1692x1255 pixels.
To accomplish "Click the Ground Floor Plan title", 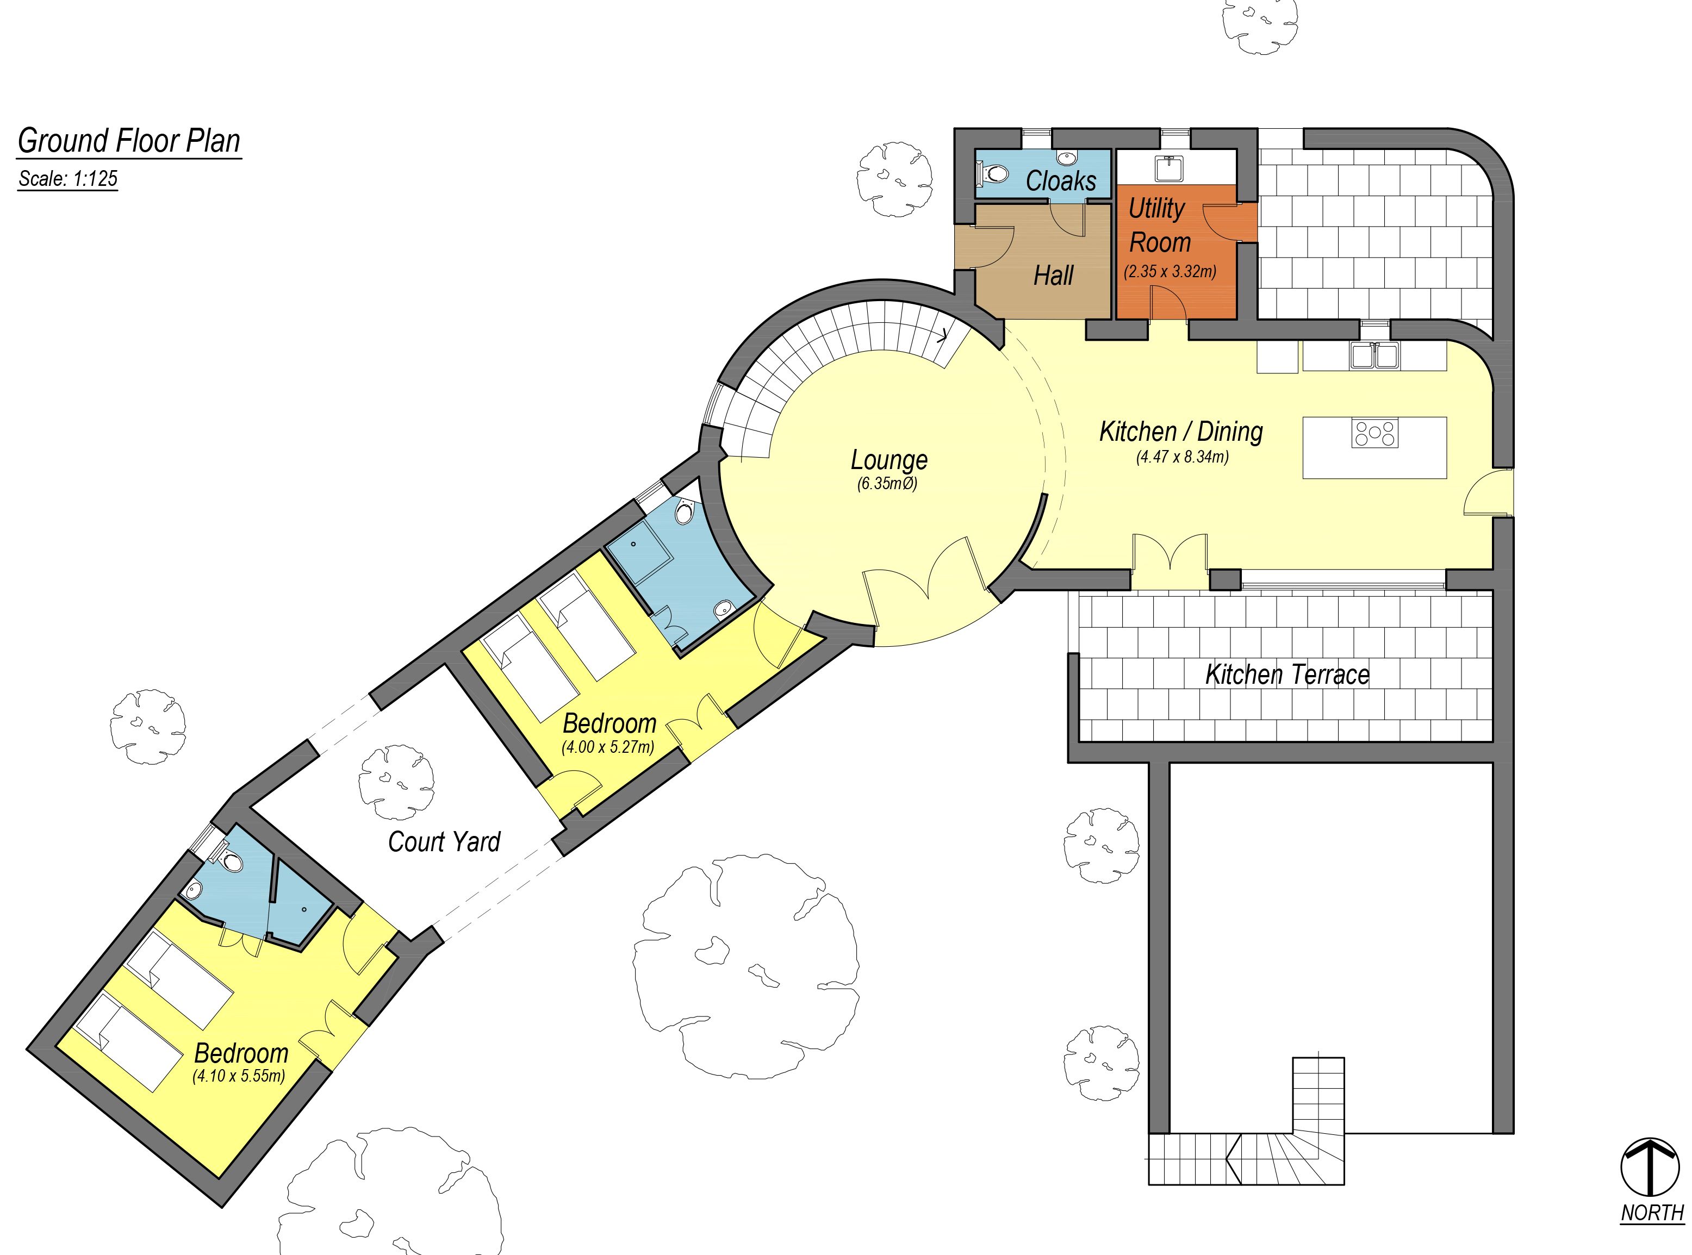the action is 129,141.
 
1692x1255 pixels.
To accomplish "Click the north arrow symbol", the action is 1650,1167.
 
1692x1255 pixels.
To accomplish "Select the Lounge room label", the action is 889,460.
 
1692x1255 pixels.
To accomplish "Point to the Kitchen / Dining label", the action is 1181,432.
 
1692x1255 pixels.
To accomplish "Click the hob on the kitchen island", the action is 1374,433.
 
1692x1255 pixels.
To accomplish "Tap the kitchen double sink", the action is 1374,355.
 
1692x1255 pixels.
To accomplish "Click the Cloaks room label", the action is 1061,181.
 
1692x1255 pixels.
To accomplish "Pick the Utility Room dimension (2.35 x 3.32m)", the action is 1170,271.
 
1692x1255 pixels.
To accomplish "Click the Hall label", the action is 1053,275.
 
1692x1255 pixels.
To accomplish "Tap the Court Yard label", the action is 444,842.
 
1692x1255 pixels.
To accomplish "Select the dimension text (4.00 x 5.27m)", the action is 608,747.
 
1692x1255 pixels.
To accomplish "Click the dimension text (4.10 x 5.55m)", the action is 239,1076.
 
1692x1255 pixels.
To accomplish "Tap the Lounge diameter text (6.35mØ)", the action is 887,483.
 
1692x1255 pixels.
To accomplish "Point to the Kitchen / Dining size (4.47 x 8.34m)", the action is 1182,457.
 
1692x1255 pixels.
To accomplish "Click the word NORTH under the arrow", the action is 1652,1213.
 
